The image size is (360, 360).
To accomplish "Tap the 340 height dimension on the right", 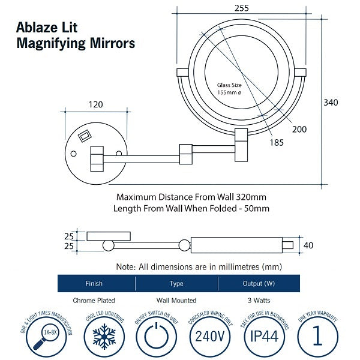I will pyautogui.click(x=331, y=103).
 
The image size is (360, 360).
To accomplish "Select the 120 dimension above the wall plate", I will pyautogui.click(x=95, y=104).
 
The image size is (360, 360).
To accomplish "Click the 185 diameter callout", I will pyautogui.click(x=277, y=143).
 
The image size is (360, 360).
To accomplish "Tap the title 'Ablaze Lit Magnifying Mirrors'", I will pyautogui.click(x=76, y=36).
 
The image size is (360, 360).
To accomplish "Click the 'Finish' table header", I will pyautogui.click(x=94, y=283).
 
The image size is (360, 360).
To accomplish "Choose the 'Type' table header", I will pyautogui.click(x=176, y=283).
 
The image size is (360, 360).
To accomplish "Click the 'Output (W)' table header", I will pyautogui.click(x=259, y=283).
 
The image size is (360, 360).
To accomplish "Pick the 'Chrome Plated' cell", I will pyautogui.click(x=94, y=300).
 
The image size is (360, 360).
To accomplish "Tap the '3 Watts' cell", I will pyautogui.click(x=259, y=300).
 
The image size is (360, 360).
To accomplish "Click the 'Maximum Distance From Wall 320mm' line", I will pyautogui.click(x=191, y=197).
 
